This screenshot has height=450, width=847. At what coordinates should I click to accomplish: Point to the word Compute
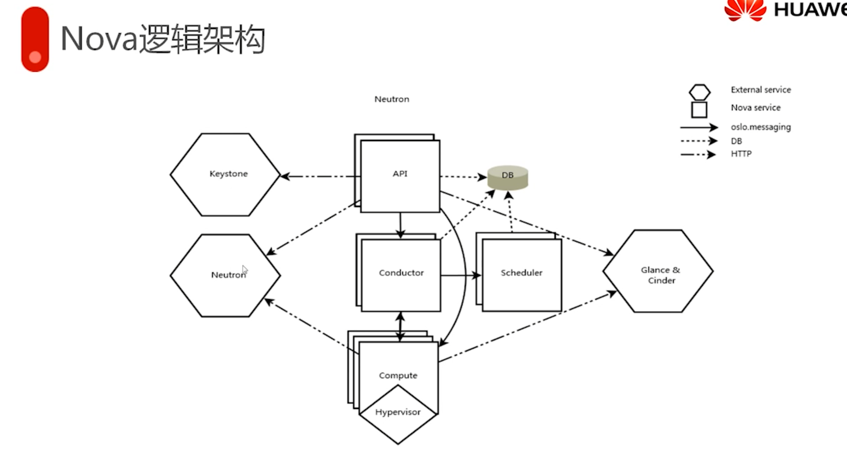coord(398,375)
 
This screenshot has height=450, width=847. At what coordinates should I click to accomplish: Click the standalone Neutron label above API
coord(392,99)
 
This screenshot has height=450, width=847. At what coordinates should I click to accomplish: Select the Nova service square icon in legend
coord(699,109)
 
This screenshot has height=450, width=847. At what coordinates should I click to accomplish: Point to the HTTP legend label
coord(741,154)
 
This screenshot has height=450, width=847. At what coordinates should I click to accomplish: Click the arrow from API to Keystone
coord(319,176)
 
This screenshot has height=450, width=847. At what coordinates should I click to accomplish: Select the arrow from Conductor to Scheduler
coord(460,275)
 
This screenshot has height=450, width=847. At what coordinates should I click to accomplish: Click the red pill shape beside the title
coord(35,39)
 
